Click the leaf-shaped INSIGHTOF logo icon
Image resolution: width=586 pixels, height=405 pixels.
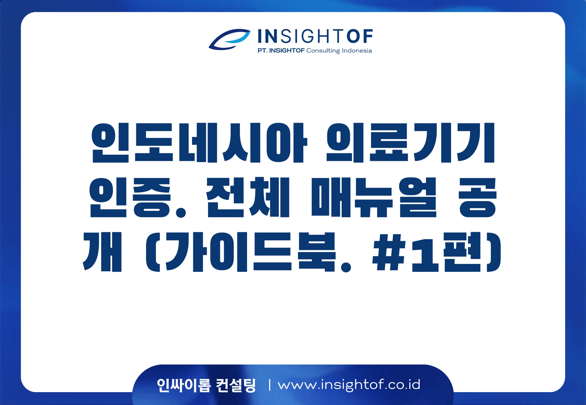[x=229, y=39]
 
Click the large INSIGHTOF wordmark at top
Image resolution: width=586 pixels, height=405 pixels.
[x=315, y=36]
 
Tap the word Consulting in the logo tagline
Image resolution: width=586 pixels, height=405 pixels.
[x=323, y=51]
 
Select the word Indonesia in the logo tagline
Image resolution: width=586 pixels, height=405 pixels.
[x=357, y=50]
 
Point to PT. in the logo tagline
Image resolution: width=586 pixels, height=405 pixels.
[x=263, y=50]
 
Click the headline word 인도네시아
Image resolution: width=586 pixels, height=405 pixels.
[x=199, y=143]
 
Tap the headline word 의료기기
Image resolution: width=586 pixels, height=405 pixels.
[x=410, y=143]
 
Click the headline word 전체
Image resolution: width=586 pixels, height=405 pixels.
[x=248, y=197]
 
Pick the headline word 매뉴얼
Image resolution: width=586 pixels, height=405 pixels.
[x=374, y=197]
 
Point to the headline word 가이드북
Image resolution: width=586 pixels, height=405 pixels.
[x=251, y=252]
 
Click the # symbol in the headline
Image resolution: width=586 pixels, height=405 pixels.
[x=389, y=252]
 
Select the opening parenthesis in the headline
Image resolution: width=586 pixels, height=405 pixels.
[x=153, y=252]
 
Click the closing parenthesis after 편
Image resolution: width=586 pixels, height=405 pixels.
[x=494, y=252]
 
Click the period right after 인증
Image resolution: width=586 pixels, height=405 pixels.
[x=181, y=212]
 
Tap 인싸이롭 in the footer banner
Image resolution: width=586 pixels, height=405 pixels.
[x=184, y=385]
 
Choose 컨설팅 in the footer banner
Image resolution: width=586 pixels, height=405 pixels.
[x=236, y=385]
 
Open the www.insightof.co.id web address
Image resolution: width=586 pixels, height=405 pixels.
[x=349, y=385]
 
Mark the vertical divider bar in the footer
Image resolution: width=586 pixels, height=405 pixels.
[x=269, y=385]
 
